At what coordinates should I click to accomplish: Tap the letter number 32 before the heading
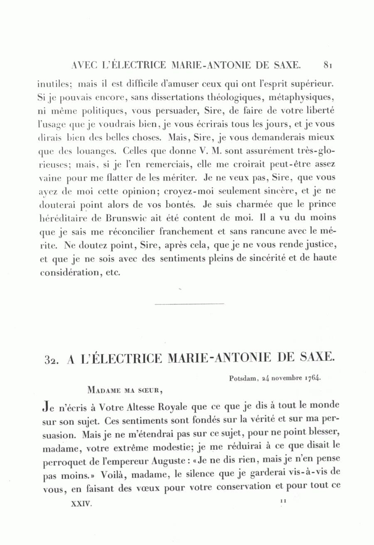tap(52, 359)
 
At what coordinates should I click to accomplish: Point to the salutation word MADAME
tap(103, 390)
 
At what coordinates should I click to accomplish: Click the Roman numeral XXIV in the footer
tap(81, 503)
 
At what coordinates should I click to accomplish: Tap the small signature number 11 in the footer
tap(284, 501)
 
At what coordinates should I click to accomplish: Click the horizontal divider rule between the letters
tap(189, 304)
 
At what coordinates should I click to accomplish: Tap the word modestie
tap(173, 449)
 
